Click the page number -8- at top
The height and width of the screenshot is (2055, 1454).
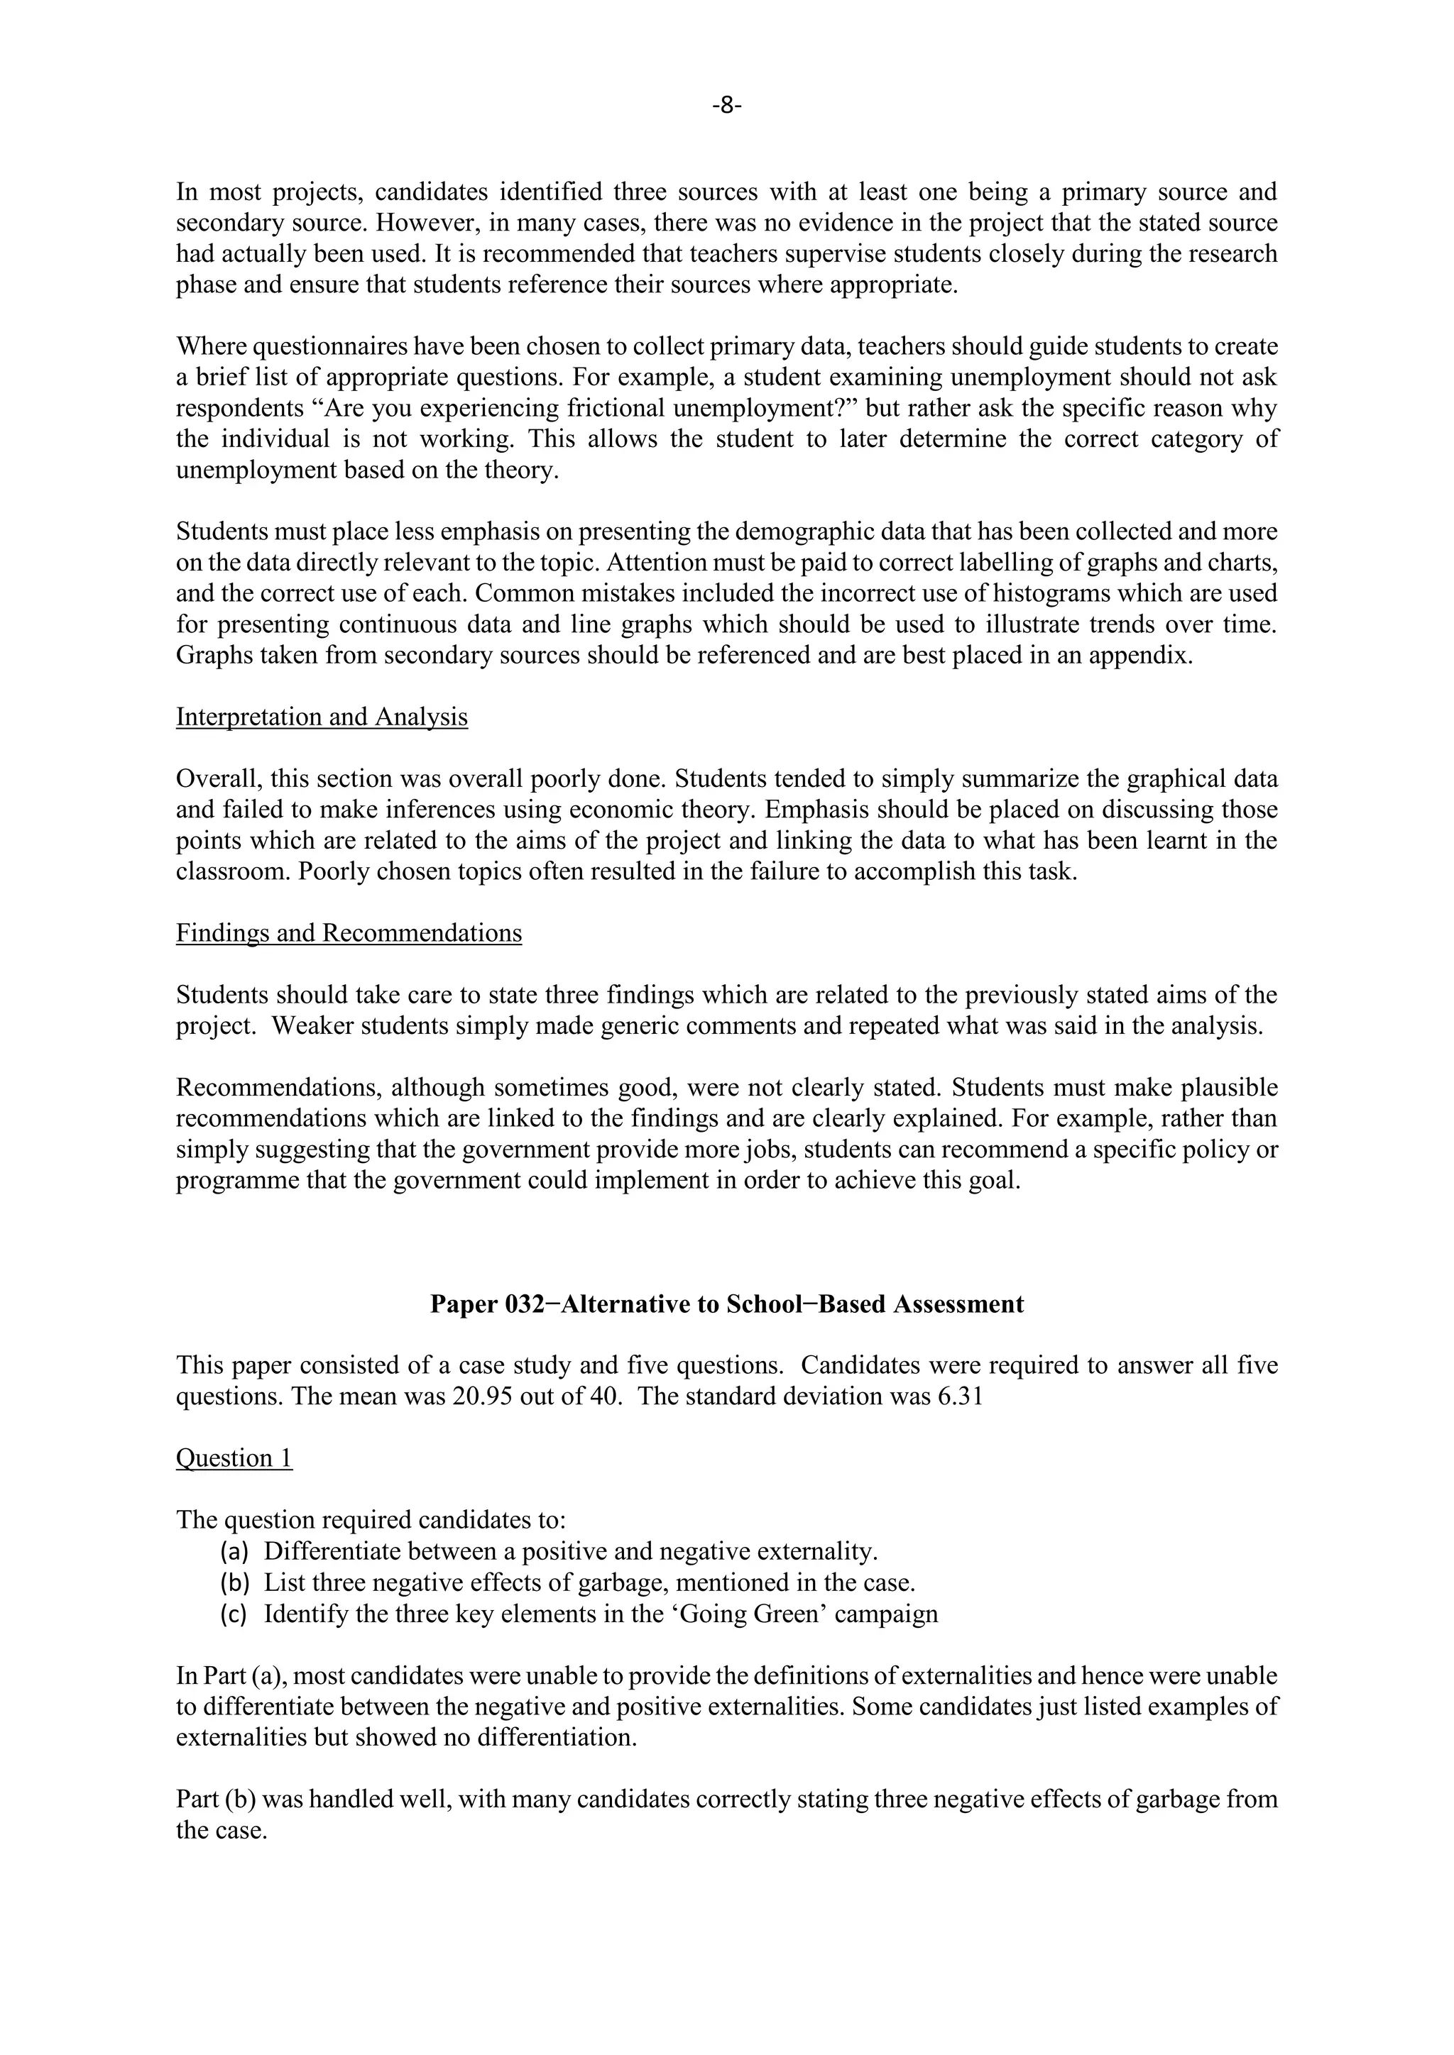[727, 106]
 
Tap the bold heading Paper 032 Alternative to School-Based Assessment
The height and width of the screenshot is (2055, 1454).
[727, 1304]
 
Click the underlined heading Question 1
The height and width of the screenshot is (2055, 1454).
[234, 1458]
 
